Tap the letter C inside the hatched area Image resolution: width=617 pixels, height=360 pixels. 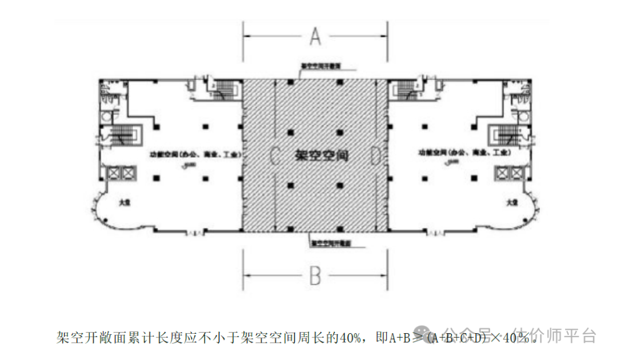(x=274, y=155)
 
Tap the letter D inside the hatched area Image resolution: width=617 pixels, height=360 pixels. (x=375, y=155)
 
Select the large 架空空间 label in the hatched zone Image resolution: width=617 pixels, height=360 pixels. (x=322, y=155)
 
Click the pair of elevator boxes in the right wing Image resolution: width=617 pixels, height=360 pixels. (x=509, y=173)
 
